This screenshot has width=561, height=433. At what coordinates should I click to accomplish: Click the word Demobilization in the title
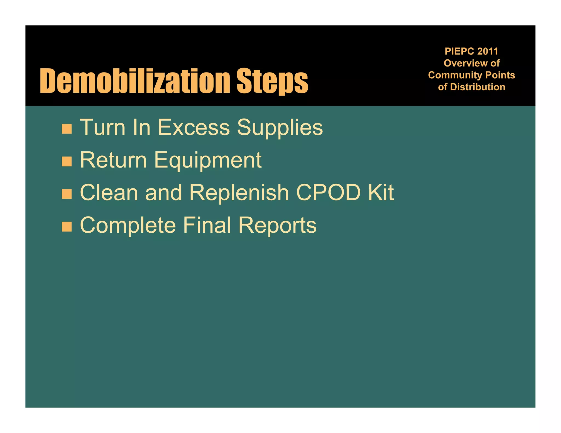click(135, 81)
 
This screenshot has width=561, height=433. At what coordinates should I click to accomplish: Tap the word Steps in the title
click(272, 81)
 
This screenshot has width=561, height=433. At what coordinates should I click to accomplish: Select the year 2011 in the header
click(488, 51)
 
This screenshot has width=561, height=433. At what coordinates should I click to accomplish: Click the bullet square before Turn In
click(67, 129)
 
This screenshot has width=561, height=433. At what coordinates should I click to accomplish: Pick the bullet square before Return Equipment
click(67, 161)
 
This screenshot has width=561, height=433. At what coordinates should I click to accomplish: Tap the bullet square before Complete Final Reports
click(67, 226)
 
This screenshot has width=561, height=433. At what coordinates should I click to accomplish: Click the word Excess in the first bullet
click(194, 127)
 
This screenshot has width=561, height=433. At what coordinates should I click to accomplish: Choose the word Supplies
click(280, 128)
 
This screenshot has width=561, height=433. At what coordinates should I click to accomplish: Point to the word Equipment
click(208, 160)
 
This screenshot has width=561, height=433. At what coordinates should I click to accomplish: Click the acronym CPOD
click(328, 192)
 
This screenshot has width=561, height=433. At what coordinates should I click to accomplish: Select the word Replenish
click(239, 192)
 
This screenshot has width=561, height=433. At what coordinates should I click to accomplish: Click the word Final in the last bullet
click(207, 225)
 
